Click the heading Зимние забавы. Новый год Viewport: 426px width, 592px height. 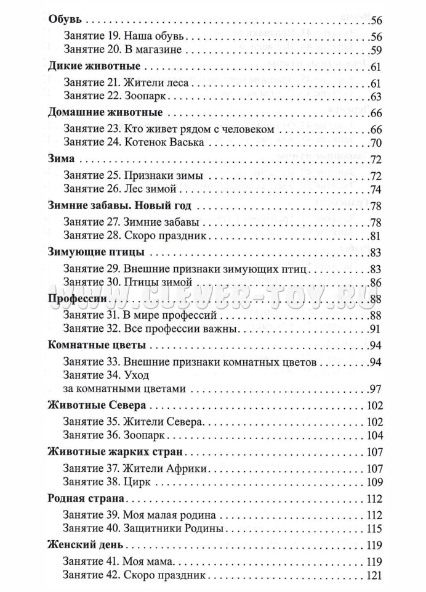tap(119, 205)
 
